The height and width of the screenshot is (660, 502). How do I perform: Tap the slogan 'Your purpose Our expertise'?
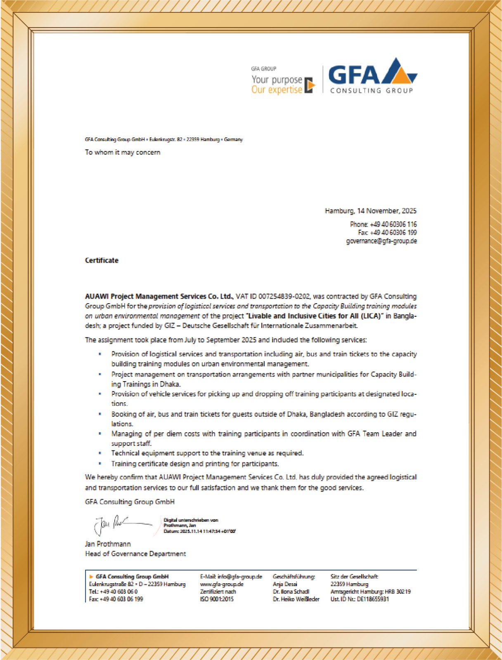277,85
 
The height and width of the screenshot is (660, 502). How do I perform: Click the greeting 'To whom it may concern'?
123,152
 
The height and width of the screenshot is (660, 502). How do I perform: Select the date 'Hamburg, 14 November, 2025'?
370,211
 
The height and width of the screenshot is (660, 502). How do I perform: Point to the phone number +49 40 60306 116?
393,224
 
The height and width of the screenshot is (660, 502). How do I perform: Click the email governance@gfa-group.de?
381,241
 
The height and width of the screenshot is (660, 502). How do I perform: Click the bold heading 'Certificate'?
102,260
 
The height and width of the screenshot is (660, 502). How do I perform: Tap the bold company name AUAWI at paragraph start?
97,296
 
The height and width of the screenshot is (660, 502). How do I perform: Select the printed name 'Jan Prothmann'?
108,544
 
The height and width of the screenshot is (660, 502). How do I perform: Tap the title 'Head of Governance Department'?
135,554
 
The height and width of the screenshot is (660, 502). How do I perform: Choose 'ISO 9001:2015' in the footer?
217,599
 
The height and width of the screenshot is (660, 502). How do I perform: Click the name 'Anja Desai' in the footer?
285,584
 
